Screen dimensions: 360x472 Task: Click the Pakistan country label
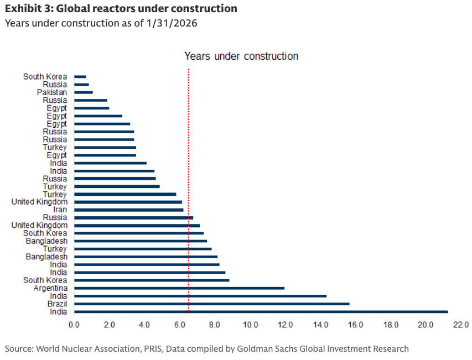[x=52, y=92]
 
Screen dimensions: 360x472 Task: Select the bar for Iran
[x=128, y=210]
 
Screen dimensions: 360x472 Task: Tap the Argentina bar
[x=179, y=288]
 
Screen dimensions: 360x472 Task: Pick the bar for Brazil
[x=211, y=304]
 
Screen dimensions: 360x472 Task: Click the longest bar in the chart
[x=260, y=312]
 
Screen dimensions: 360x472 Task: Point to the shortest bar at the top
[x=80, y=77]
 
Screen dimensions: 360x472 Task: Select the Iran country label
[x=60, y=210]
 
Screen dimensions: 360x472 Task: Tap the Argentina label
[x=50, y=288]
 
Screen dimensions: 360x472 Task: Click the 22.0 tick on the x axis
[x=460, y=324]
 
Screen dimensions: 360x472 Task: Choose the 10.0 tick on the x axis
[x=250, y=324]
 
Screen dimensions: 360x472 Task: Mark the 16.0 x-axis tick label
[x=356, y=324]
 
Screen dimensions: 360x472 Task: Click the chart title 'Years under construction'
[x=241, y=56]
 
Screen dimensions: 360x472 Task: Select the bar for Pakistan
[x=84, y=92]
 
